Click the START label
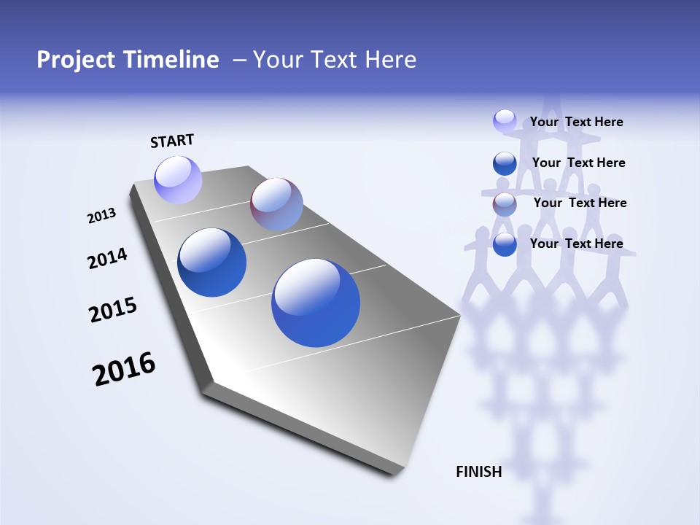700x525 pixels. tap(172, 141)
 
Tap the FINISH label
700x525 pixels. tap(478, 472)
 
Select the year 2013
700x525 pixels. tap(101, 216)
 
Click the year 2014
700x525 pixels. tap(107, 258)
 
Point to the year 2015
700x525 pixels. tap(113, 309)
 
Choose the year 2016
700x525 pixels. tap(124, 369)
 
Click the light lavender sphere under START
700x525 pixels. tap(178, 180)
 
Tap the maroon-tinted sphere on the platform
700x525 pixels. tap(276, 204)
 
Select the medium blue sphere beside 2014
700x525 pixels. tap(211, 262)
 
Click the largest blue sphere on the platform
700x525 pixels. tap(316, 303)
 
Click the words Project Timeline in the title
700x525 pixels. tap(128, 60)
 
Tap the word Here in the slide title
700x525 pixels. tap(390, 60)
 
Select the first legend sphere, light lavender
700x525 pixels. tap(505, 120)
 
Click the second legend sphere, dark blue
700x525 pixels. tap(505, 163)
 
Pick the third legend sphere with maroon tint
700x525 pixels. tap(505, 204)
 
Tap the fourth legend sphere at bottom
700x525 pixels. tap(505, 245)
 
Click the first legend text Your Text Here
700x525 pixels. tap(576, 122)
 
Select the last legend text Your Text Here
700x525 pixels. tap(576, 244)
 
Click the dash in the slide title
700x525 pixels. tap(239, 60)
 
